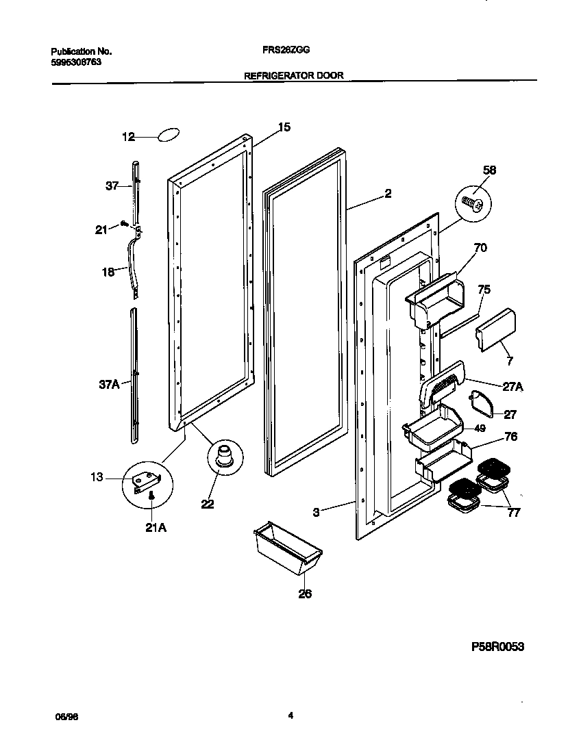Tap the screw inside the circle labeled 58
[473, 203]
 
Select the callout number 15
[284, 127]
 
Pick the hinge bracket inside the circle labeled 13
[146, 482]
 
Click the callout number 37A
[110, 385]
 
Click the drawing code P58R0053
[497, 646]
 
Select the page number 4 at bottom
[290, 715]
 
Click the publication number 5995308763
[77, 62]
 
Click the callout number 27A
[512, 386]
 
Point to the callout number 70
[480, 248]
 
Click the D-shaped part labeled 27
[482, 404]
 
